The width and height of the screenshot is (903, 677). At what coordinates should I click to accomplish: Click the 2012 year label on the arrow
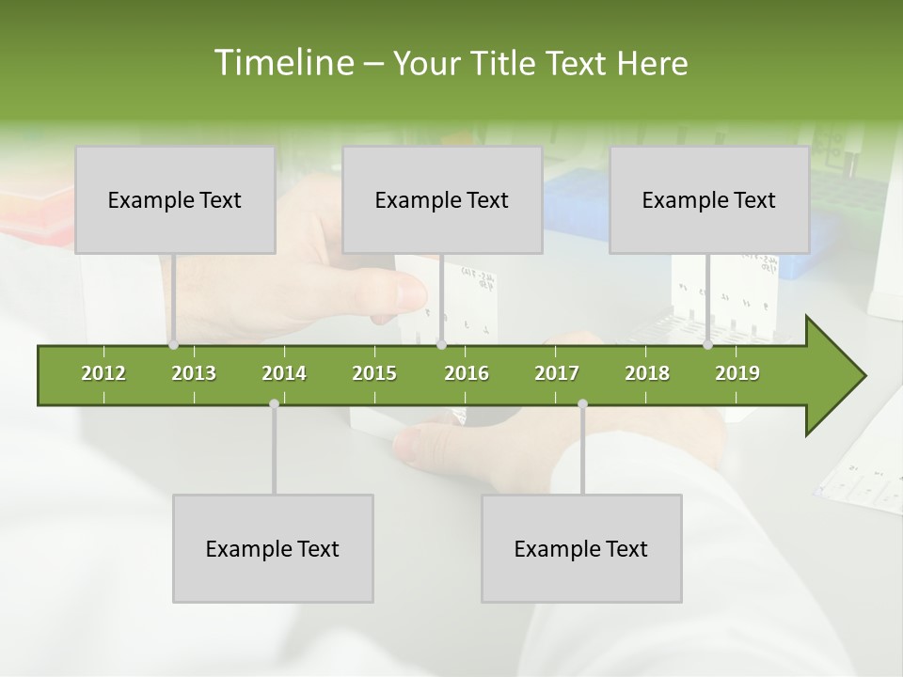tap(103, 373)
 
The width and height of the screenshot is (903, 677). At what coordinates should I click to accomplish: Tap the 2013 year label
tap(194, 373)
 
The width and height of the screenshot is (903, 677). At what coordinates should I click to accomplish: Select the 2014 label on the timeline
tap(284, 373)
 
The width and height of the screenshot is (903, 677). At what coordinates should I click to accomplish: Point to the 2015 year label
tap(374, 373)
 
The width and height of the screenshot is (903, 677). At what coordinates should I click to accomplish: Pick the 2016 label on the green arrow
tap(467, 373)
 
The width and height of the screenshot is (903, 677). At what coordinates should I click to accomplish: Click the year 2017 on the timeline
tap(557, 373)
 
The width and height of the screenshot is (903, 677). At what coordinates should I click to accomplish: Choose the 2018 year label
tap(647, 373)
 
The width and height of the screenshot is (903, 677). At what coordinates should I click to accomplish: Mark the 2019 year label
tap(737, 373)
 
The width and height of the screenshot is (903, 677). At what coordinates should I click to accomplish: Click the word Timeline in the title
tap(282, 63)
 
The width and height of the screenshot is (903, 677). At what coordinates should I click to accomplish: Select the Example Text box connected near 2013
tap(175, 199)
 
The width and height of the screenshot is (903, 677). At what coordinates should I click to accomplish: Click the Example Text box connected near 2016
tap(442, 199)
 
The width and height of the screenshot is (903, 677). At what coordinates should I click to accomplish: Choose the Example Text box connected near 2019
tap(709, 199)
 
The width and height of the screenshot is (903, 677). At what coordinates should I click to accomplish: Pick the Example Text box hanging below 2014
tap(273, 548)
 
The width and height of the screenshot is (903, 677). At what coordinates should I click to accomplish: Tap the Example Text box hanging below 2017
tap(581, 548)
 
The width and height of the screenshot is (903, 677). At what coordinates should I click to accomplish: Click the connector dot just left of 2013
tap(173, 345)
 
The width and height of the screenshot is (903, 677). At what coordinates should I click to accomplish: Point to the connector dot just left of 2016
tap(441, 345)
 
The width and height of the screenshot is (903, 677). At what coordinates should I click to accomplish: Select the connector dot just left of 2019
tap(707, 345)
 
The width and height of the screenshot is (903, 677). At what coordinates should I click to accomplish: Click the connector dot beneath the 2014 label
tap(274, 403)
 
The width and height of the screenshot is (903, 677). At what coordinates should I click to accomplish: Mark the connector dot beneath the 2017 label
tap(582, 403)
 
